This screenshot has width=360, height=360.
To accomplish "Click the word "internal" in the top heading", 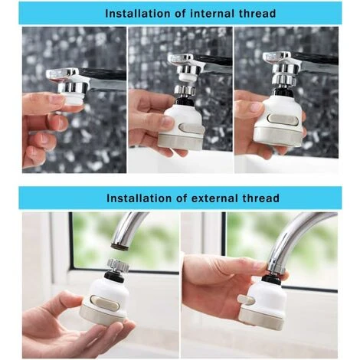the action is tap(213, 14).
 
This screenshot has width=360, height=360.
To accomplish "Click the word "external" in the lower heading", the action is tap(214, 198).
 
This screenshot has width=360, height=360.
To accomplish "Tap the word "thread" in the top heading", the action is tap(257, 14).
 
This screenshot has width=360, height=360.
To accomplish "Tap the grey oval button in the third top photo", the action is tap(282, 120).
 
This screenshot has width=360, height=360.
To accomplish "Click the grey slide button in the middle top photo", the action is tap(191, 128).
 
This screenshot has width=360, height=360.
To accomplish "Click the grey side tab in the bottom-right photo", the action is tap(245, 299).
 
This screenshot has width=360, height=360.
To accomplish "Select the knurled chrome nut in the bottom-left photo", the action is tap(118, 267).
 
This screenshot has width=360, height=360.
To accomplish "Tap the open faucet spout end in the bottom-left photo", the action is tap(120, 246).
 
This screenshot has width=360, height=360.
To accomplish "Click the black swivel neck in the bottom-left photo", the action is tap(114, 276).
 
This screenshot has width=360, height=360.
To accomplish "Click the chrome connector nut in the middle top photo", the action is tap(185, 90).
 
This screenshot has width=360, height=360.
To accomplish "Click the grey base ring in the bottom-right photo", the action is tap(262, 317).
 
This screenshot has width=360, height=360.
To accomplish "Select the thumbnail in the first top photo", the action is tap(57, 99).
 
